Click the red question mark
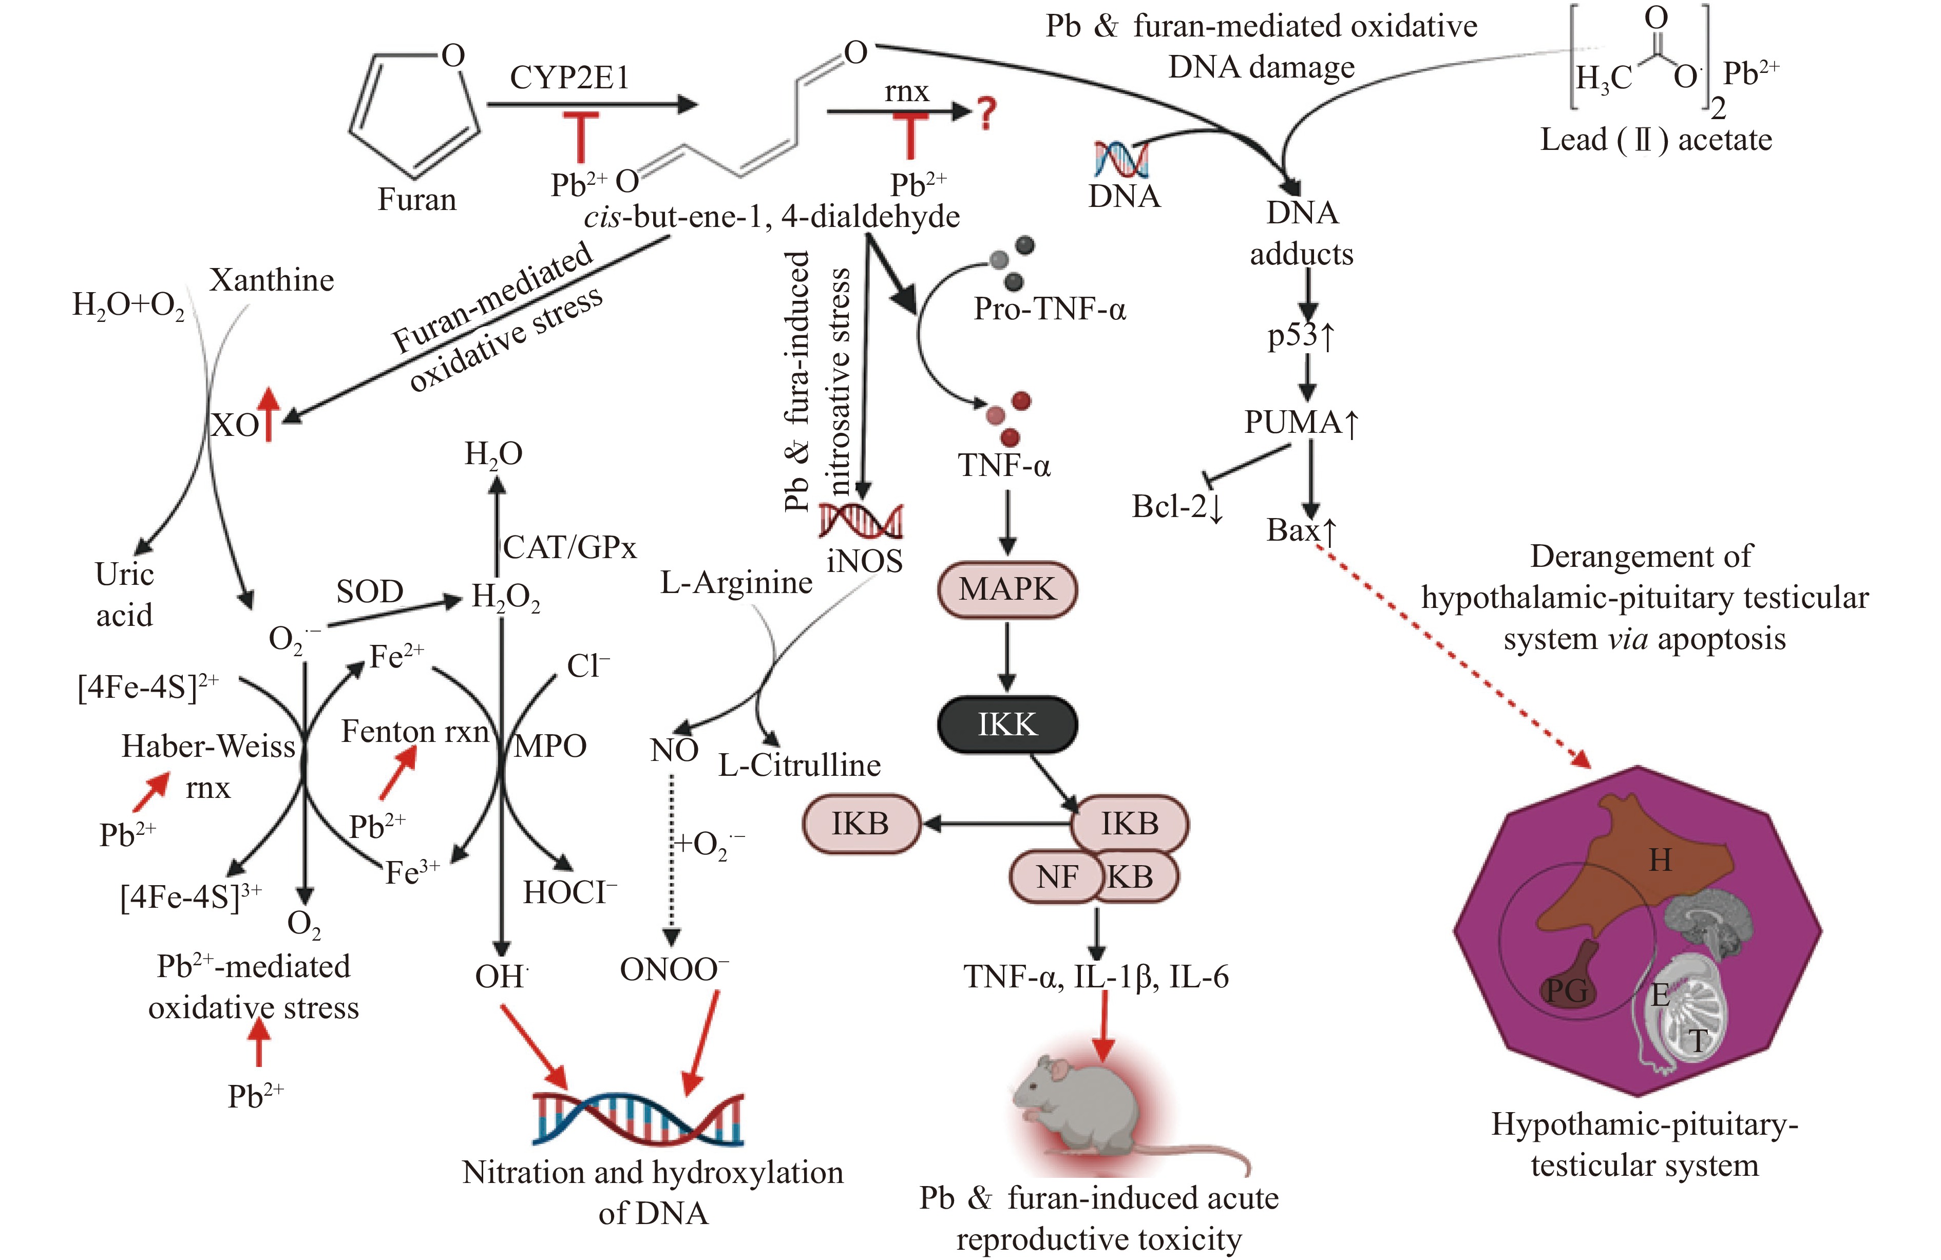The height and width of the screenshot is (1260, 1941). pos(987,113)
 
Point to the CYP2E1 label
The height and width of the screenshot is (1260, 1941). pos(570,78)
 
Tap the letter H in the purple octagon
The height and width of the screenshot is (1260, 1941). pos(1660,861)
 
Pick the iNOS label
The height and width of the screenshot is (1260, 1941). pos(865,561)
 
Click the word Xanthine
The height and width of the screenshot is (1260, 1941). pos(272,280)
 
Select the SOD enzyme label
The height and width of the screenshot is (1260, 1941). pos(369,591)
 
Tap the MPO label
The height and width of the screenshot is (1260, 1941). pos(549,746)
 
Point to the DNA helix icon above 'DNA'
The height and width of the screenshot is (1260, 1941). pos(1121,159)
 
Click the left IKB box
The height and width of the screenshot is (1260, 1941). pos(861,824)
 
